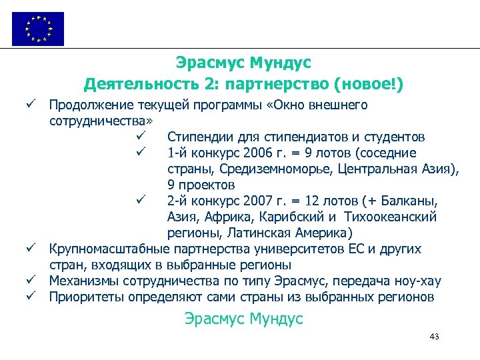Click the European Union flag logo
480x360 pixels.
point(38,29)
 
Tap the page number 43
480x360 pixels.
point(435,337)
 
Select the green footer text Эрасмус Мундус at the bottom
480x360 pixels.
point(243,319)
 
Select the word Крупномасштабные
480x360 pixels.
point(101,249)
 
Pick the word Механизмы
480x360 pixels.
point(82,281)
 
